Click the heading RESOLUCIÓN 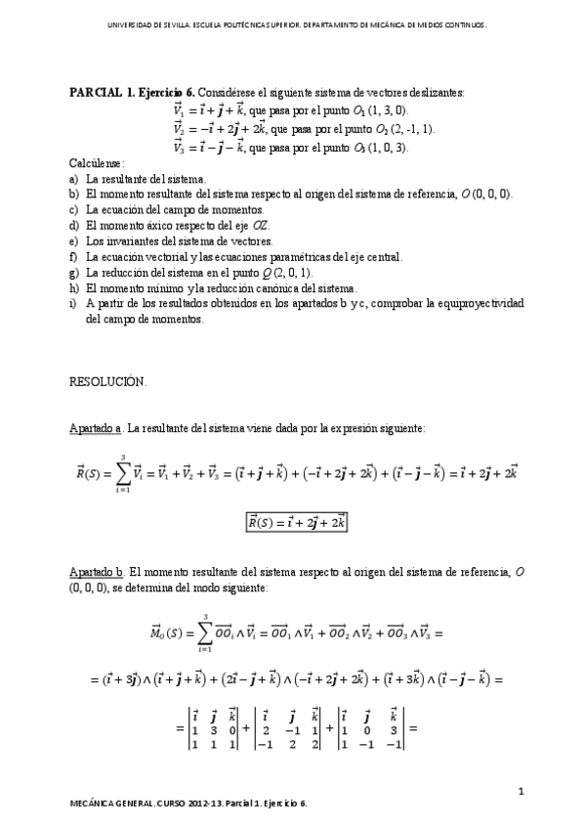coord(107,381)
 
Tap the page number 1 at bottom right coord(522,790)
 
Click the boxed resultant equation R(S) coord(296,523)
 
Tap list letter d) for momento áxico coord(74,226)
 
